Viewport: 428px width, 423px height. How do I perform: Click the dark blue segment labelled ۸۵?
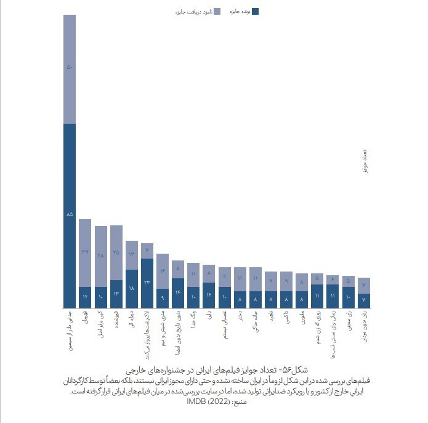(70, 216)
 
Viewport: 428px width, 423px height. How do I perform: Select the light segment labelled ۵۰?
(70, 69)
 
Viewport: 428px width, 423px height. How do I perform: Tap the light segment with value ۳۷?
(85, 253)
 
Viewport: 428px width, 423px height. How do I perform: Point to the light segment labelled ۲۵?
(116, 253)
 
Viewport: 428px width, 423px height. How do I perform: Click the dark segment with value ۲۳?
(147, 283)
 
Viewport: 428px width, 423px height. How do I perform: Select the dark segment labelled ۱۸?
(132, 288)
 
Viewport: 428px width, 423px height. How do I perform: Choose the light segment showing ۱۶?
(163, 271)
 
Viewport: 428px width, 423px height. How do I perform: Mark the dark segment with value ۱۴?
(178, 292)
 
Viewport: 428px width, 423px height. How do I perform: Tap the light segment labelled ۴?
(333, 280)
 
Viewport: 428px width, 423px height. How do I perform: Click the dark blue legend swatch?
(256, 11)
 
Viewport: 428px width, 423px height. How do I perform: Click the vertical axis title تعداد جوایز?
(364, 161)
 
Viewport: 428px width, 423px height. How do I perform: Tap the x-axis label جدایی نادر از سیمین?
(70, 331)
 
